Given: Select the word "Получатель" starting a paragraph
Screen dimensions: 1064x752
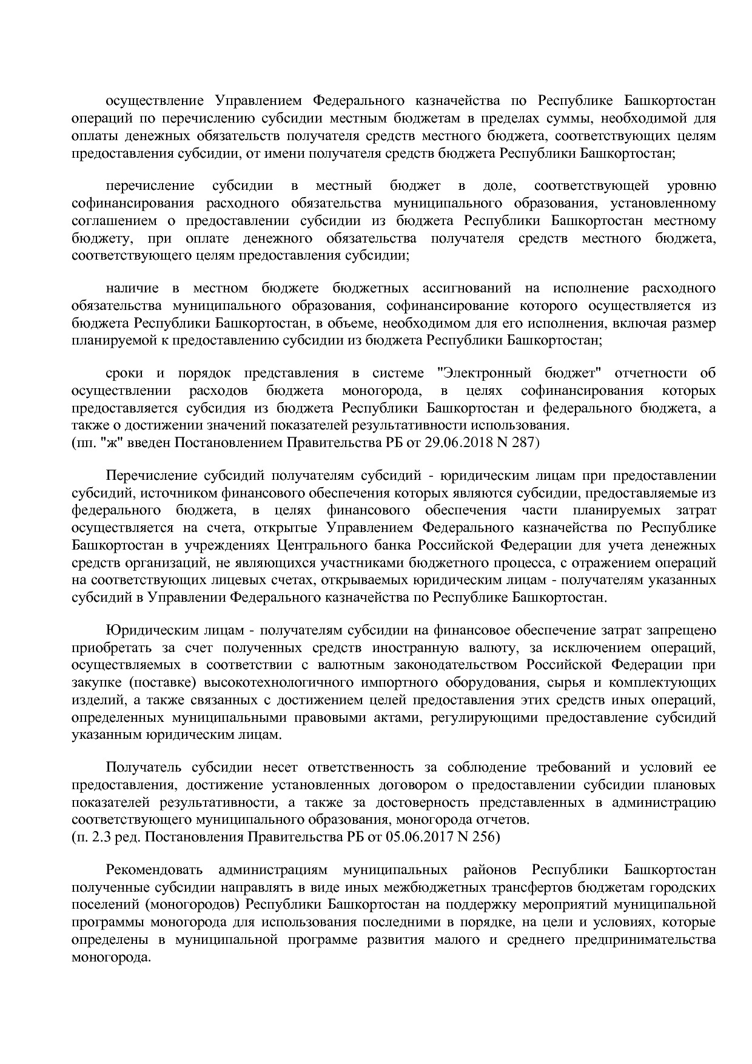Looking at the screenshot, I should pyautogui.click(x=143, y=767).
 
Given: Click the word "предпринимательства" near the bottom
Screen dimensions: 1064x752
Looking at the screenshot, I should pyautogui.click(x=656, y=940).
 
